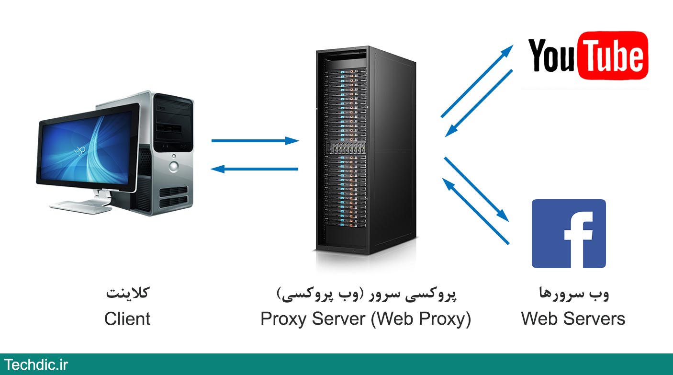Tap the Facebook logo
click(569, 234)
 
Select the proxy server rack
click(365, 148)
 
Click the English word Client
click(127, 319)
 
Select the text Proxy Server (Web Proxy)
click(366, 319)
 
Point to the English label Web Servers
click(573, 319)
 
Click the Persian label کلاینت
click(127, 294)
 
